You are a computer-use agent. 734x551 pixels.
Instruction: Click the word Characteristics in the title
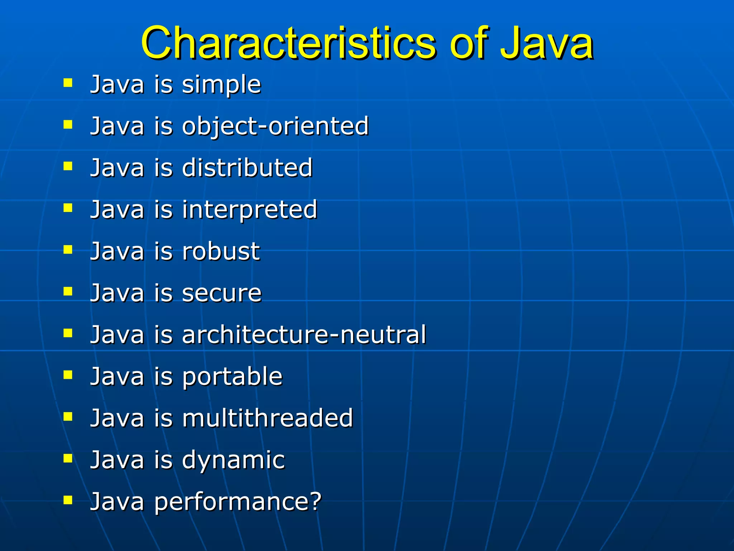click(289, 43)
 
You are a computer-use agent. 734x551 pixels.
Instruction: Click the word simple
click(221, 85)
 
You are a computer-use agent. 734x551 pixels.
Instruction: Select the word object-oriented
click(275, 126)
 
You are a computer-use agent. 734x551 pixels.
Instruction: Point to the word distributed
click(247, 168)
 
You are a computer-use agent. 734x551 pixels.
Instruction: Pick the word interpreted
click(249, 210)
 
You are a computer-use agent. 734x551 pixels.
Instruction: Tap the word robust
click(221, 251)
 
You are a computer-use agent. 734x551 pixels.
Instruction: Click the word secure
click(222, 293)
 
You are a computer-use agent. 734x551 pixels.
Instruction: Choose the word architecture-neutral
click(304, 335)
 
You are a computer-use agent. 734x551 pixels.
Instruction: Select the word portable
click(232, 377)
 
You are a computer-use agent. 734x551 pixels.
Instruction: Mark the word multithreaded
click(267, 418)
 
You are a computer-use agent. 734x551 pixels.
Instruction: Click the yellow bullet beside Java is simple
click(68, 83)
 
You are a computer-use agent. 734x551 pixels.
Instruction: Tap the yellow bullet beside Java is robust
click(68, 249)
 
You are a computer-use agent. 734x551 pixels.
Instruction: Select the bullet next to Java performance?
click(68, 500)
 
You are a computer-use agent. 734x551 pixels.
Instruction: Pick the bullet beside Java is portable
click(68, 375)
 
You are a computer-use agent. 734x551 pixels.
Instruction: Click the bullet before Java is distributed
click(68, 166)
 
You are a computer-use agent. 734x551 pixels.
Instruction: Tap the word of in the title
click(468, 43)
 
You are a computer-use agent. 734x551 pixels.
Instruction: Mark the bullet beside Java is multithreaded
click(68, 416)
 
